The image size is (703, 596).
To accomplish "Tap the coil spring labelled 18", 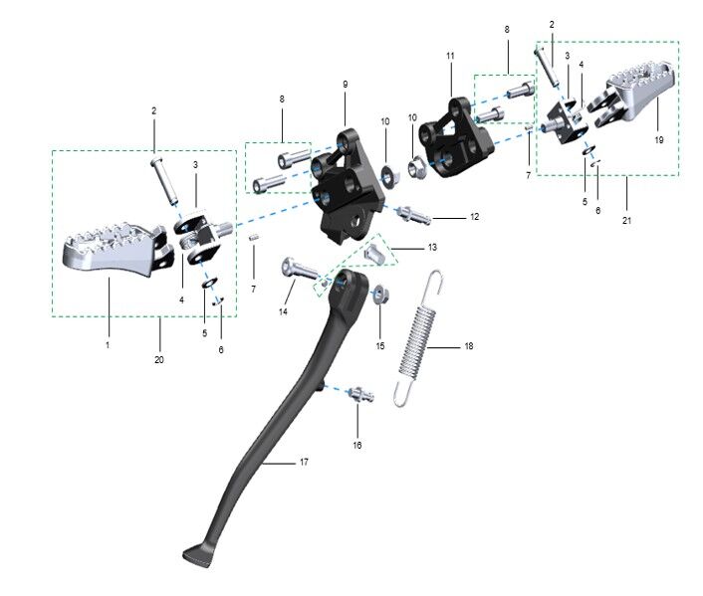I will point(419,339).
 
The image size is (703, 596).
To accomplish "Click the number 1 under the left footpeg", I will point(108,344).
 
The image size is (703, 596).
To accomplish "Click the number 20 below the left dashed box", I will point(159,360).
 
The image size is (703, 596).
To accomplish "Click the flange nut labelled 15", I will point(380,295).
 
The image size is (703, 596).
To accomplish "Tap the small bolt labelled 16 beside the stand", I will point(360,396).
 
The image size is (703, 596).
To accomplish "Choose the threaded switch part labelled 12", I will point(418,214).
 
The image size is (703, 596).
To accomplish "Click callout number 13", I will point(431,246).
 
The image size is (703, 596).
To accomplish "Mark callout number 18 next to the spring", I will point(469,347).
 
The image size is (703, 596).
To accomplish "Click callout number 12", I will point(474,216).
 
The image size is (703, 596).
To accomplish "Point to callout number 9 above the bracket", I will point(345,85).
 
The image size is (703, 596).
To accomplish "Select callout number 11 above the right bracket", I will point(450,57).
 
